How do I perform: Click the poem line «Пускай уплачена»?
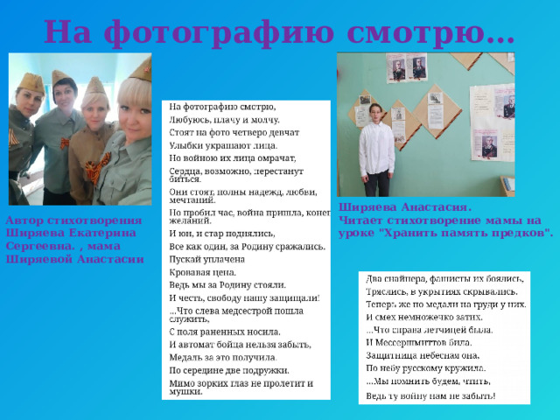click(209, 260)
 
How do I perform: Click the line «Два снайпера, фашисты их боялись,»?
click(445, 276)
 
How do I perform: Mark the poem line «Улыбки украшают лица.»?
click(223, 144)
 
